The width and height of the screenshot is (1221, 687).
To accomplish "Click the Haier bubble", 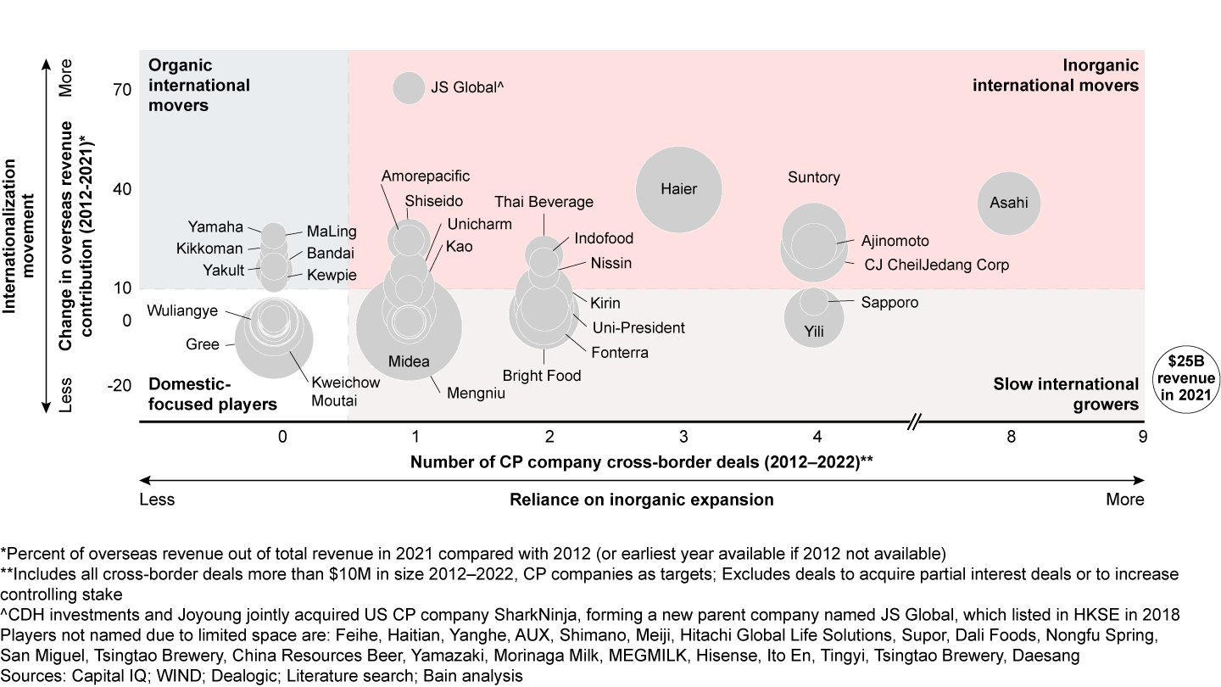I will coord(678,189).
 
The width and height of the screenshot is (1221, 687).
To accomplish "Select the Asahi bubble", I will coord(1009,203).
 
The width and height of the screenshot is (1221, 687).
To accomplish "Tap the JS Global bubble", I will coord(409,87).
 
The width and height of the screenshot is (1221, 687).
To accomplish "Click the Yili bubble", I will coord(814,317).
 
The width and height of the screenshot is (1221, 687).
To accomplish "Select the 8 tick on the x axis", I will coord(1010,437).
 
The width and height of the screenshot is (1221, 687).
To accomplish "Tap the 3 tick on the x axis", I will coord(683,437).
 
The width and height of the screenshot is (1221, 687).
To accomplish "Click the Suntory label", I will coord(814,177).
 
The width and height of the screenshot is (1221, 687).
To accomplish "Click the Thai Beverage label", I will coord(544,202).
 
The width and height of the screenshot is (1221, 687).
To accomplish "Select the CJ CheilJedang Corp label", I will coord(936,265).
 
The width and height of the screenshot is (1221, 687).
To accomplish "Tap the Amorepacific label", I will coord(426,176).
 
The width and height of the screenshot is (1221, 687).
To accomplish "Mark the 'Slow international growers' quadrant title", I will coord(1066,394).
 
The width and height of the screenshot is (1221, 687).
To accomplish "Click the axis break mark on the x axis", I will coord(914,422).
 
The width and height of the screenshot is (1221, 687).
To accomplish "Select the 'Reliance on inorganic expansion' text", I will coord(641,500).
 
